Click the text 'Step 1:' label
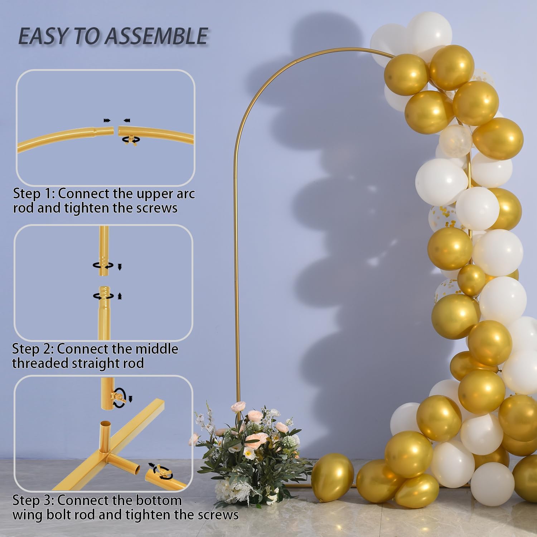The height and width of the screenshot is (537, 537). (x=34, y=194)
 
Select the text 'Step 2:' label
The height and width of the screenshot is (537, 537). (x=33, y=349)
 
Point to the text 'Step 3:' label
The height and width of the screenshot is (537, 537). (x=33, y=500)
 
